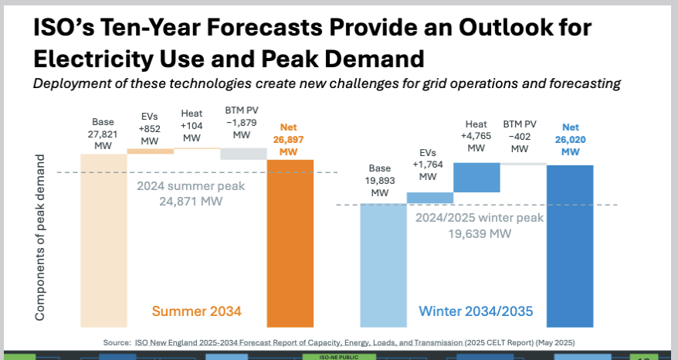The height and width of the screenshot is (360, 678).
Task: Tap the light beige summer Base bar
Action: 103,247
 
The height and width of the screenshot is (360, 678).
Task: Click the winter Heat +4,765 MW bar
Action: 476,177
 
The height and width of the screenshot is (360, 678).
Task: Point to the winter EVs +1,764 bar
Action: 430,198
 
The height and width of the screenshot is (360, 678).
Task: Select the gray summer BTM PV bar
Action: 243,154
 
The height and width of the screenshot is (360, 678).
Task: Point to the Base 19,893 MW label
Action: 380,179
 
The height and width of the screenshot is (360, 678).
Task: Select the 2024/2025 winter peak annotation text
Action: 479,226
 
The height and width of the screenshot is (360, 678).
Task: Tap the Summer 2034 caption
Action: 197,311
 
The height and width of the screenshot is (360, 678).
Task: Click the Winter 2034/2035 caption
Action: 475,311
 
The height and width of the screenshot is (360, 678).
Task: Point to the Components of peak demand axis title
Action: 41,236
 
